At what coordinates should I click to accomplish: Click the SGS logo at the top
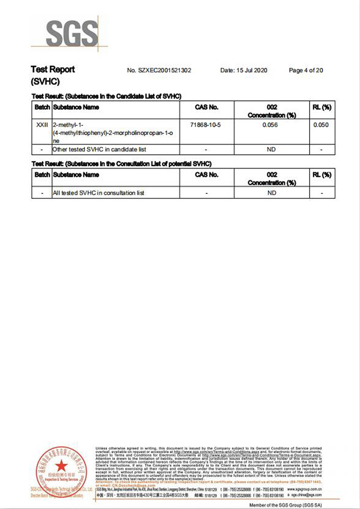[72, 33]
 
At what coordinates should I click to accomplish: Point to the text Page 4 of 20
[306, 70]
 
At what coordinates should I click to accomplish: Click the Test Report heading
[52, 69]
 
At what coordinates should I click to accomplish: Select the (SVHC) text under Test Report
[46, 82]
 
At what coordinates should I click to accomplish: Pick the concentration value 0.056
[272, 125]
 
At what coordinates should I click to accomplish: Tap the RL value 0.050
[321, 125]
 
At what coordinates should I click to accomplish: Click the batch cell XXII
[42, 125]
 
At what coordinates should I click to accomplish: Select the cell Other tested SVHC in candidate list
[99, 150]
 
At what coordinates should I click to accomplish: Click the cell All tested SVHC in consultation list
[98, 193]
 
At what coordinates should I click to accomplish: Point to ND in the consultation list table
[272, 193]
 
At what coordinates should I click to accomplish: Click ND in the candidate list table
[272, 150]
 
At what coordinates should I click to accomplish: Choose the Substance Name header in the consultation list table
[76, 175]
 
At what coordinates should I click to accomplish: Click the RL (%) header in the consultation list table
[321, 175]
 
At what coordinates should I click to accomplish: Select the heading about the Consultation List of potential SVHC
[121, 163]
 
